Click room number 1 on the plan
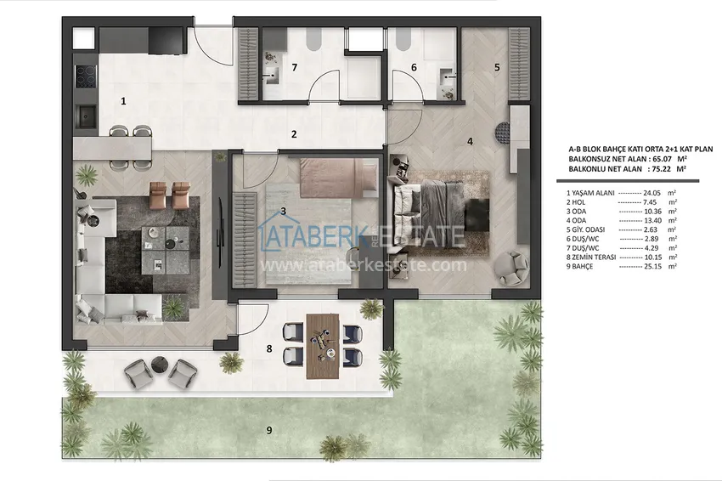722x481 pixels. coord(123,101)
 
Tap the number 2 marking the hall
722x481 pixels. coord(293,133)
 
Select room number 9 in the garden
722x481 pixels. coord(269,430)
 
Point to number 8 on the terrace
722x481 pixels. coord(269,348)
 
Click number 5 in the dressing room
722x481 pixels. coord(497,66)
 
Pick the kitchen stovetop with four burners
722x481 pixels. coord(86,76)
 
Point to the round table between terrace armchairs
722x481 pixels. coord(158,366)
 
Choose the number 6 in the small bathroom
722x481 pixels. coord(414,67)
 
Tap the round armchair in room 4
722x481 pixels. coord(511,267)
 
